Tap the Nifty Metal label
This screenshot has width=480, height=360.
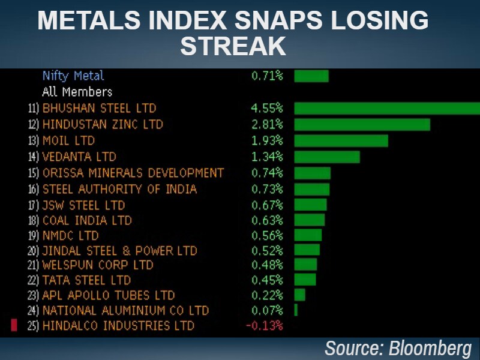coord(73,76)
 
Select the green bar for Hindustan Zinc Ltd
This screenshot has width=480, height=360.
coord(362,124)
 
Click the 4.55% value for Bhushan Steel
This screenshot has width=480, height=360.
coord(267,109)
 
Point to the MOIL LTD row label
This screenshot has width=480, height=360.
coord(68,140)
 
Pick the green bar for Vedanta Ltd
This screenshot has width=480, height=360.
coord(327,157)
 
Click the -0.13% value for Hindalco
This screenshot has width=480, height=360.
coord(264,326)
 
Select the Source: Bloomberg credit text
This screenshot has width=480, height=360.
coord(398,348)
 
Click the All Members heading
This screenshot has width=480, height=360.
coord(77,92)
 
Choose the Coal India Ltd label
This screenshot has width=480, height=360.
coord(87,220)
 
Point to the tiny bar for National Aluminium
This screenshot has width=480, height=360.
coord(296,310)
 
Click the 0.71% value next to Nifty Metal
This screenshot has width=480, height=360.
coord(267,76)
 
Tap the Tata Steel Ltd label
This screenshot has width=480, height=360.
coord(86,280)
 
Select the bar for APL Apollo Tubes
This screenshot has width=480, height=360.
coord(299,295)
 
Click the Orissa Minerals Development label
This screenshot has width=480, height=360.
coord(133,173)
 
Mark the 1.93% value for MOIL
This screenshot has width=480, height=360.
coord(267,140)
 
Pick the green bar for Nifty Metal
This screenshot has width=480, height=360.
coord(311,76)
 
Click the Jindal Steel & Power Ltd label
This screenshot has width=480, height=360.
coord(119,250)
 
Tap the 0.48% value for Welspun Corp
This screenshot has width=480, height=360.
coord(267,265)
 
